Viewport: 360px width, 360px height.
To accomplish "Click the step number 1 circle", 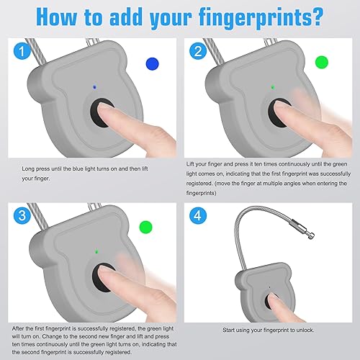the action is (22, 51).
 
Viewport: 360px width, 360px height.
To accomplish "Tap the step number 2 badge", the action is (198, 51).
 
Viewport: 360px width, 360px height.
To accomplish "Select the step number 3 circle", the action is (22, 215).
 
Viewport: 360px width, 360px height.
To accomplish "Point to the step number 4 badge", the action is (198, 215).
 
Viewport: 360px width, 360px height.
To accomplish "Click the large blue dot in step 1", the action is (153, 64).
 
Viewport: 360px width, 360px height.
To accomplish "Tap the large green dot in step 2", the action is (322, 62).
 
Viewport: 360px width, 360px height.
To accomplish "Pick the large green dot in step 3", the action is (146, 227).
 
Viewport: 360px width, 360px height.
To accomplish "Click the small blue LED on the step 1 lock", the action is (94, 87).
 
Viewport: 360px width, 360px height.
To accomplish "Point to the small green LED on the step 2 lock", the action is (273, 87).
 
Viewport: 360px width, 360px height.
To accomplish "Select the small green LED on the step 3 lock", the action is (96, 251).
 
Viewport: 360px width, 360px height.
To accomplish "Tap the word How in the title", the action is (57, 17).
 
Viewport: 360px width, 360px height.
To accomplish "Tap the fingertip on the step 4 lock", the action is (273, 298).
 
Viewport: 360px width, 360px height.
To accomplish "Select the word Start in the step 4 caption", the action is (228, 330).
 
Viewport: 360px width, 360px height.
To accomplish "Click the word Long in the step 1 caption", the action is (28, 169).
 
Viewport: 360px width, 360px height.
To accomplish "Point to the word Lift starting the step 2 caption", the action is (190, 164).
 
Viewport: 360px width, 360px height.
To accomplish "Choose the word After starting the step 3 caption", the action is (18, 328).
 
